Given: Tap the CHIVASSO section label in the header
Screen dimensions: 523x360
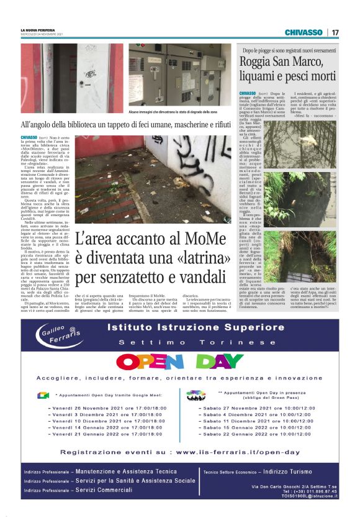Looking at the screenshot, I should tap(304, 32).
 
